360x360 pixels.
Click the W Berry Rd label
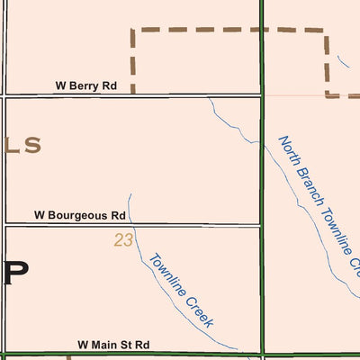(x=86, y=86)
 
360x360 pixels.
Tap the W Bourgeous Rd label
(x=79, y=216)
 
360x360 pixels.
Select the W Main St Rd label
(x=113, y=345)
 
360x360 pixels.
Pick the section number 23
(x=123, y=240)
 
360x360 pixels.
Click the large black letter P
(x=15, y=273)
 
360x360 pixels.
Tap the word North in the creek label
(x=288, y=151)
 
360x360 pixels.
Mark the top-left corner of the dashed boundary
(x=133, y=30)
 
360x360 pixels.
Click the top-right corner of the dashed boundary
(x=324, y=30)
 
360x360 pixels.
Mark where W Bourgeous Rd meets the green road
(x=261, y=224)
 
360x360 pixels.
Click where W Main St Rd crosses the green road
(x=261, y=354)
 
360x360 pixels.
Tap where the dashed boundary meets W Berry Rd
(x=133, y=94)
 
